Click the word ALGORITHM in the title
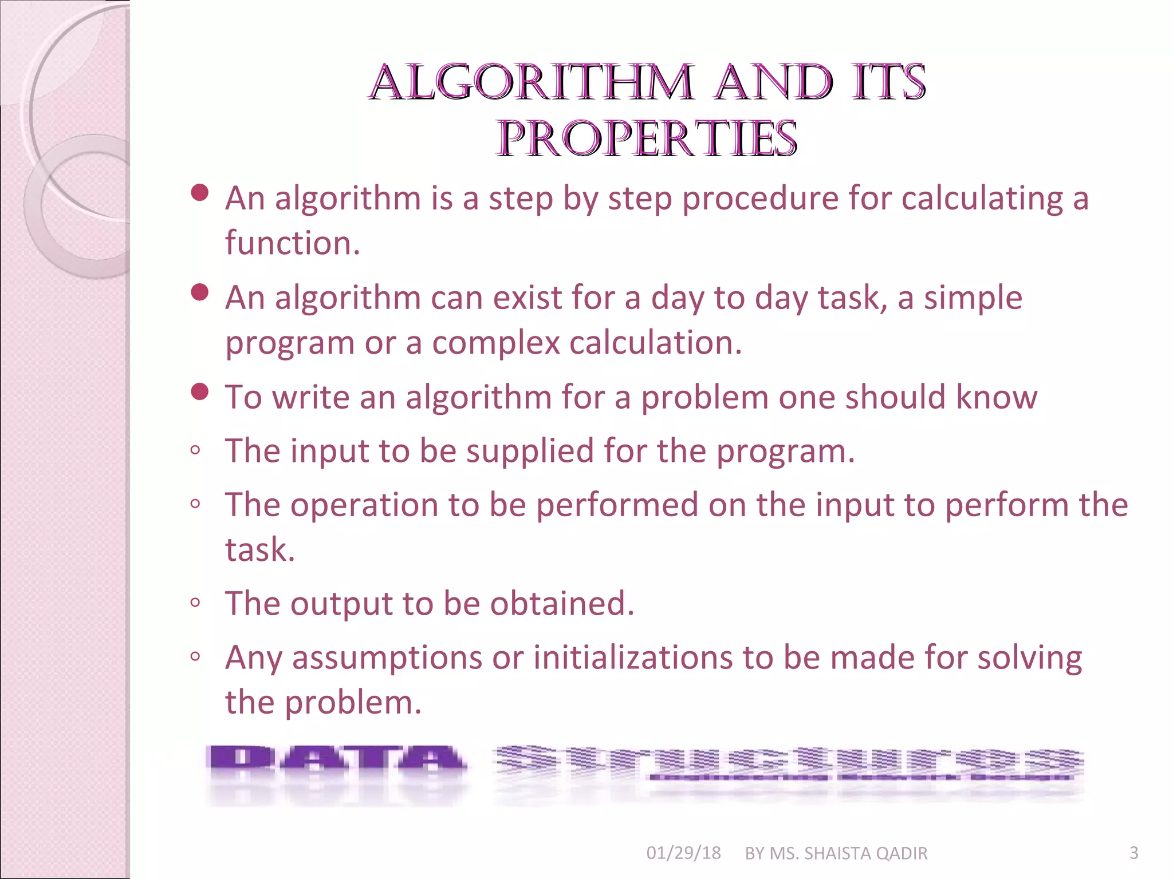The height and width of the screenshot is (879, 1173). (x=532, y=83)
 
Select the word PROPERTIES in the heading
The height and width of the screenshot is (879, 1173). (x=647, y=139)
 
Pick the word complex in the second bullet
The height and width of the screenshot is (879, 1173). (x=495, y=343)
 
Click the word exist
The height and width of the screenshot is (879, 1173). (x=528, y=298)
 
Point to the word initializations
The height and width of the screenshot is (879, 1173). (x=633, y=658)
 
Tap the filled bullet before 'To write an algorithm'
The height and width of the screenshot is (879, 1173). (x=199, y=392)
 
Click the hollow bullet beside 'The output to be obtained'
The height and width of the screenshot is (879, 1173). (x=195, y=603)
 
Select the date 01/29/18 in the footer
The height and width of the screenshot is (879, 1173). (x=683, y=853)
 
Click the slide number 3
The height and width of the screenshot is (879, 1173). (x=1133, y=853)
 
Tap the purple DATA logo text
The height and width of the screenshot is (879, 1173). (x=336, y=760)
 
